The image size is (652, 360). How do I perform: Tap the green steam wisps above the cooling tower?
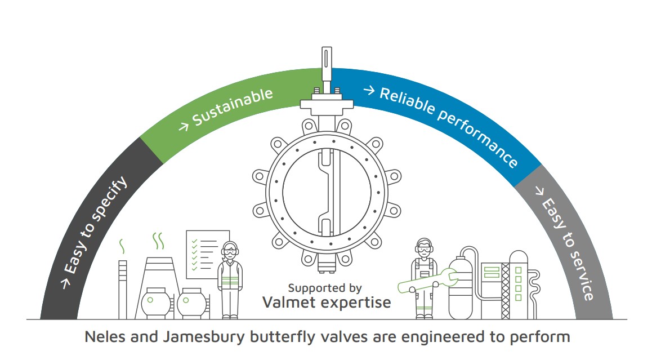click(159, 241)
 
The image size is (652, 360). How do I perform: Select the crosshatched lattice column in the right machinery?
click(504, 290)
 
